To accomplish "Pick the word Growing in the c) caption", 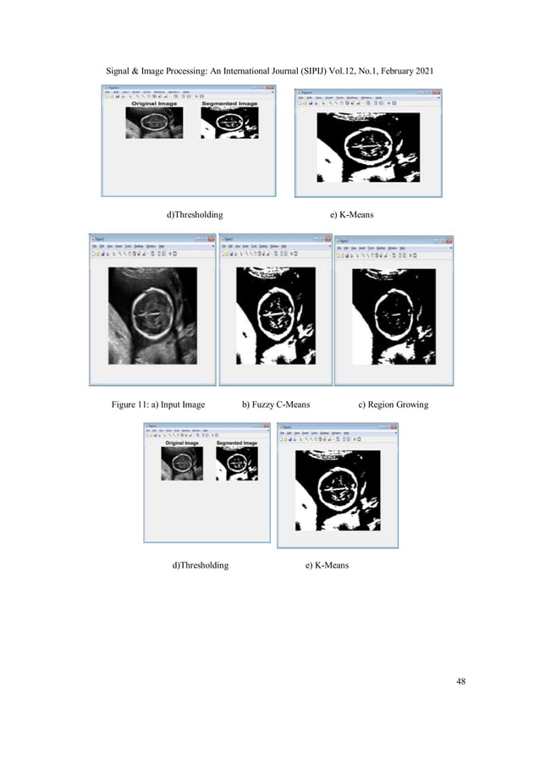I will (x=412, y=404).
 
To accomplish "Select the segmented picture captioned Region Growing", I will (x=394, y=315).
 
